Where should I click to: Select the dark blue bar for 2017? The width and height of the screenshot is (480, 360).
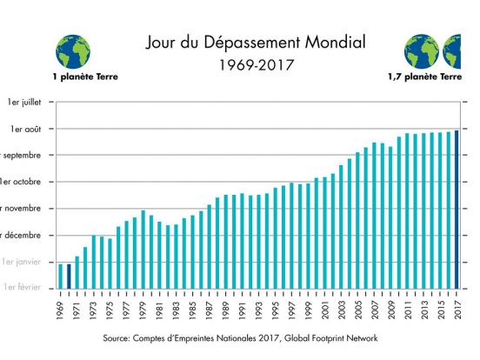[x=457, y=209]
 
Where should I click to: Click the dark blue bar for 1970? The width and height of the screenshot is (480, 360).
[x=69, y=275]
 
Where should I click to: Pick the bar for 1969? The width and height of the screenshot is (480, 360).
[x=61, y=275]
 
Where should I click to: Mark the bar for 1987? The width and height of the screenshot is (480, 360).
[x=209, y=245]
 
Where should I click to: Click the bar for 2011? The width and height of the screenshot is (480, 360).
[x=407, y=210]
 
